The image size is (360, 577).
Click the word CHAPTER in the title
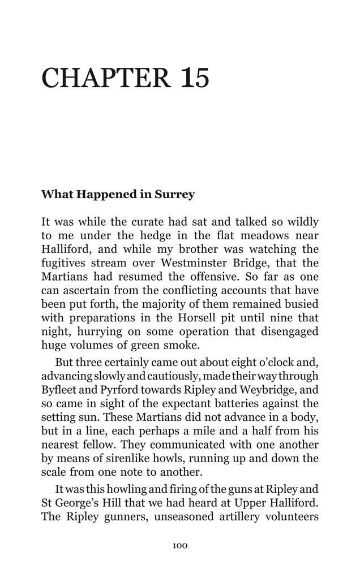(x=106, y=78)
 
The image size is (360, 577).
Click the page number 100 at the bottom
(x=179, y=546)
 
